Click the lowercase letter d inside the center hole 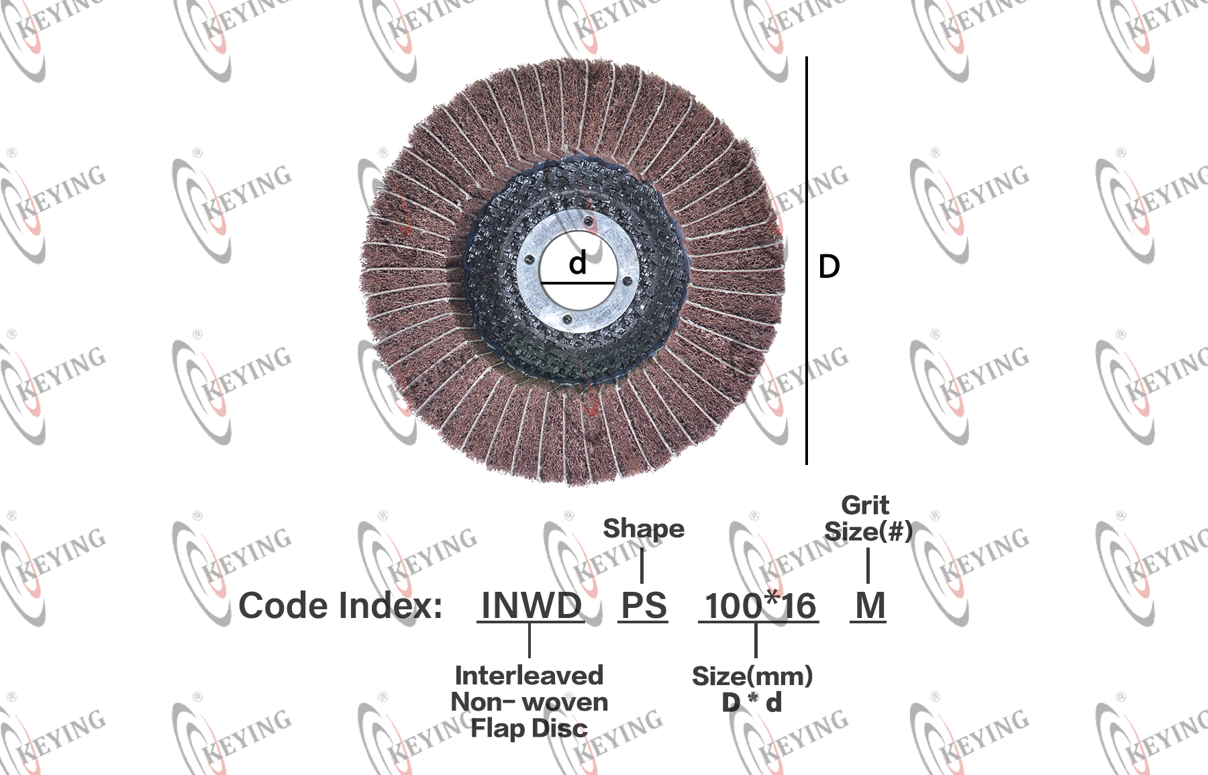point(578,262)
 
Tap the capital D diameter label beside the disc point(829,266)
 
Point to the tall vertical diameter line point(806,260)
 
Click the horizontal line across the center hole point(578,283)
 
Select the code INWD point(531,605)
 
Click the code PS point(644,605)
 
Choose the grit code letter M point(870,605)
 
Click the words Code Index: point(340,606)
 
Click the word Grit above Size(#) point(865,505)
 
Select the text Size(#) point(868,531)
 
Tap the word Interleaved point(529,675)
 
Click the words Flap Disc point(529,728)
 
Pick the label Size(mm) point(752,676)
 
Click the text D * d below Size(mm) point(752,703)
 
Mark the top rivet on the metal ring point(588,221)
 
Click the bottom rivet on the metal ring point(567,321)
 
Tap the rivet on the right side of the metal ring point(627,281)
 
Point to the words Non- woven point(530,702)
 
